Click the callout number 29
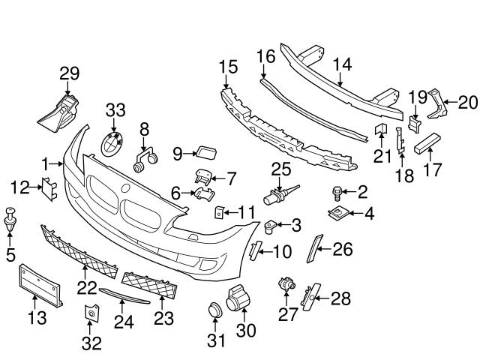coord(69,73)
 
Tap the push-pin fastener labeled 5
coord(10,217)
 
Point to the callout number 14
coord(341,64)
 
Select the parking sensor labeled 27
coord(286,285)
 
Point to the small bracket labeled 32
coord(91,316)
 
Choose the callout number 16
coord(265,57)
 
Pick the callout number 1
coord(45,163)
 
